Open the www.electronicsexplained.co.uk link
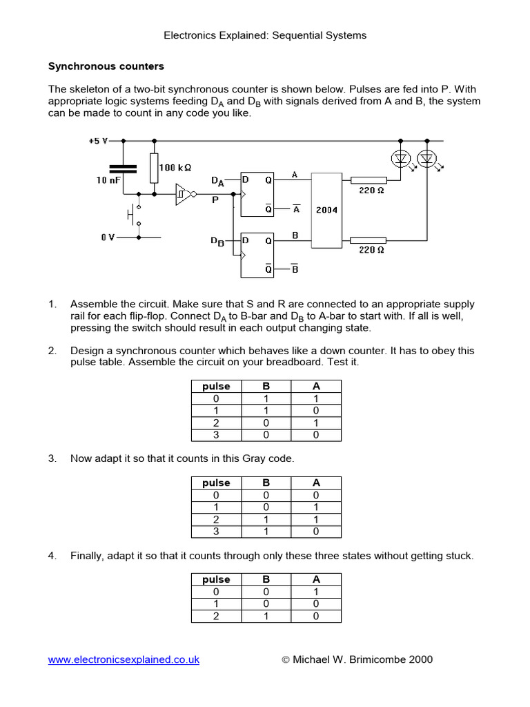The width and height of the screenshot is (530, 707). pos(124,659)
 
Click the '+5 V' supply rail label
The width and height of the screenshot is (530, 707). pos(98,141)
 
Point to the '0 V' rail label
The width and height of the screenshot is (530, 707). pos(107,237)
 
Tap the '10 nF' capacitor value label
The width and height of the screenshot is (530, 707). pos(108,180)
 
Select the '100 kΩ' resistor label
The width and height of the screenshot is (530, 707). pos(175,168)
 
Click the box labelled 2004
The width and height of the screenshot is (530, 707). pos(326,210)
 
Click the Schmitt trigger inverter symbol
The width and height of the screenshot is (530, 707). pos(184,195)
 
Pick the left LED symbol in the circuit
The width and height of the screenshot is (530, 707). pos(402,159)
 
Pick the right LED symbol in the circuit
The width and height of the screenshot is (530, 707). pos(428,159)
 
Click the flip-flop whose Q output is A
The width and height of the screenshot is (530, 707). pos(257,194)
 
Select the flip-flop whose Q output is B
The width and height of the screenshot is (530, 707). pos(257,255)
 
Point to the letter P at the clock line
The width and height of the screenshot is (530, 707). pos(216,200)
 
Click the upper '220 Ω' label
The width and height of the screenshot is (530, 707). pos(371,191)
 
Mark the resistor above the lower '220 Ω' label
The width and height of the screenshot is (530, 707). pos(368,240)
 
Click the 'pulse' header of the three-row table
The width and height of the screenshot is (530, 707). pos(216,579)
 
